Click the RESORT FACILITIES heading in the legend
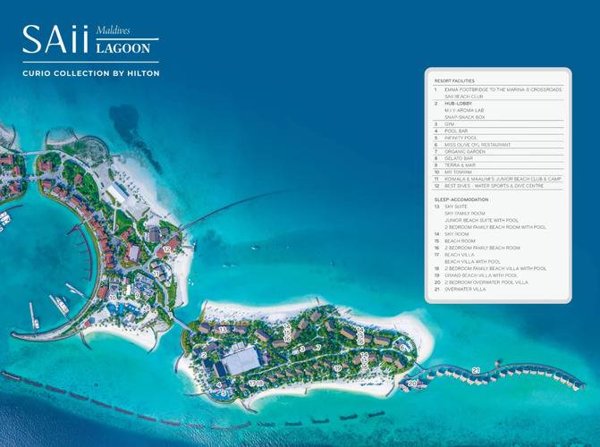coord(452,80)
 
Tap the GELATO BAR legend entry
coord(458,158)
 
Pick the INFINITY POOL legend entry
coord(459,138)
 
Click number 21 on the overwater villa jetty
coord(476,369)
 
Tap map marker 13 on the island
coord(223,330)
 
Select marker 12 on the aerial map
coord(167,249)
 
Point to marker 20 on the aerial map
coord(412,384)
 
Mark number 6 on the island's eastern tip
coord(402,346)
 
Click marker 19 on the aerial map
coord(337,367)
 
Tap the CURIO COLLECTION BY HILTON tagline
coord(91,72)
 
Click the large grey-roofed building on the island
coord(241,360)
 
